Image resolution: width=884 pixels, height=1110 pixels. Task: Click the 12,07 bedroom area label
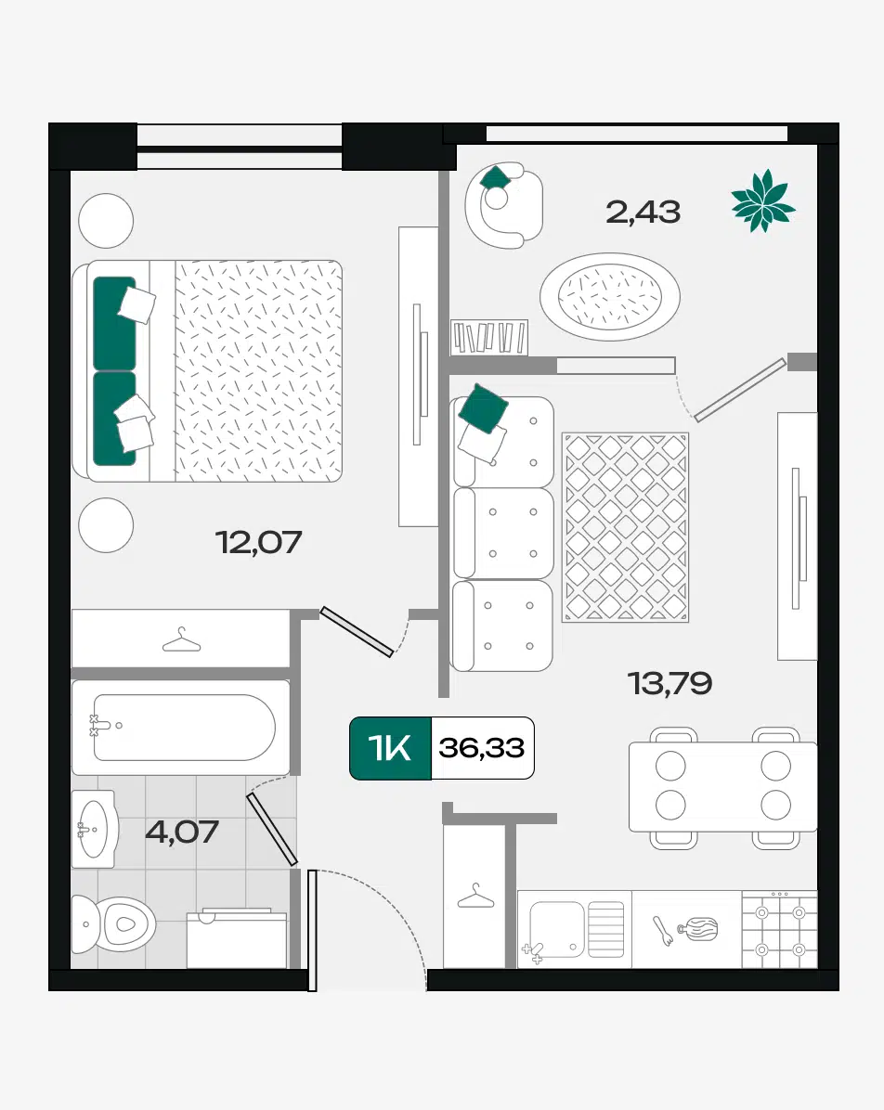[258, 542]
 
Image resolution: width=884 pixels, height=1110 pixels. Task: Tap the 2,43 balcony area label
[643, 213]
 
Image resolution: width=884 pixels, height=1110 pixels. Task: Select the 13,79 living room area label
[670, 683]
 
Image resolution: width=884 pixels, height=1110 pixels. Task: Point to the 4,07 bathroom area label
[182, 832]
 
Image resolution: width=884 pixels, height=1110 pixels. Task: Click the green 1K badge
[390, 748]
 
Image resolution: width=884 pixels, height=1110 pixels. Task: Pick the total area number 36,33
[482, 748]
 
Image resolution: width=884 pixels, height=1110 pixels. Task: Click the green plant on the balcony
[763, 201]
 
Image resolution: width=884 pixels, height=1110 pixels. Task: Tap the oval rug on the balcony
[610, 296]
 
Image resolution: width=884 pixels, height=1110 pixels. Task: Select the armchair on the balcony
[503, 205]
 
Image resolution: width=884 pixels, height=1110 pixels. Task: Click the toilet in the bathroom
[114, 923]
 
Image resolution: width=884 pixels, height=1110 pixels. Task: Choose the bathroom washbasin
[94, 829]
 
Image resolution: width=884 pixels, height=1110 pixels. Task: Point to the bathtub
[181, 728]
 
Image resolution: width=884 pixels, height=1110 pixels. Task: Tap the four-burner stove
[779, 929]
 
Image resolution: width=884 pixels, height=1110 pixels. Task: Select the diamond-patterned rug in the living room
[626, 527]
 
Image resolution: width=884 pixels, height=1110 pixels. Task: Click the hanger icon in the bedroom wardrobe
[181, 640]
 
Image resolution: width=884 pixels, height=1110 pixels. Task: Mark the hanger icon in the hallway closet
[475, 896]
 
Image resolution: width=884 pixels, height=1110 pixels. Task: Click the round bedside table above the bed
[106, 221]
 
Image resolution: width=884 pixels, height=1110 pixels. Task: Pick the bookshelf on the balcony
[489, 337]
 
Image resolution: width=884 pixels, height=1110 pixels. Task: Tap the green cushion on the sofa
[483, 407]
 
